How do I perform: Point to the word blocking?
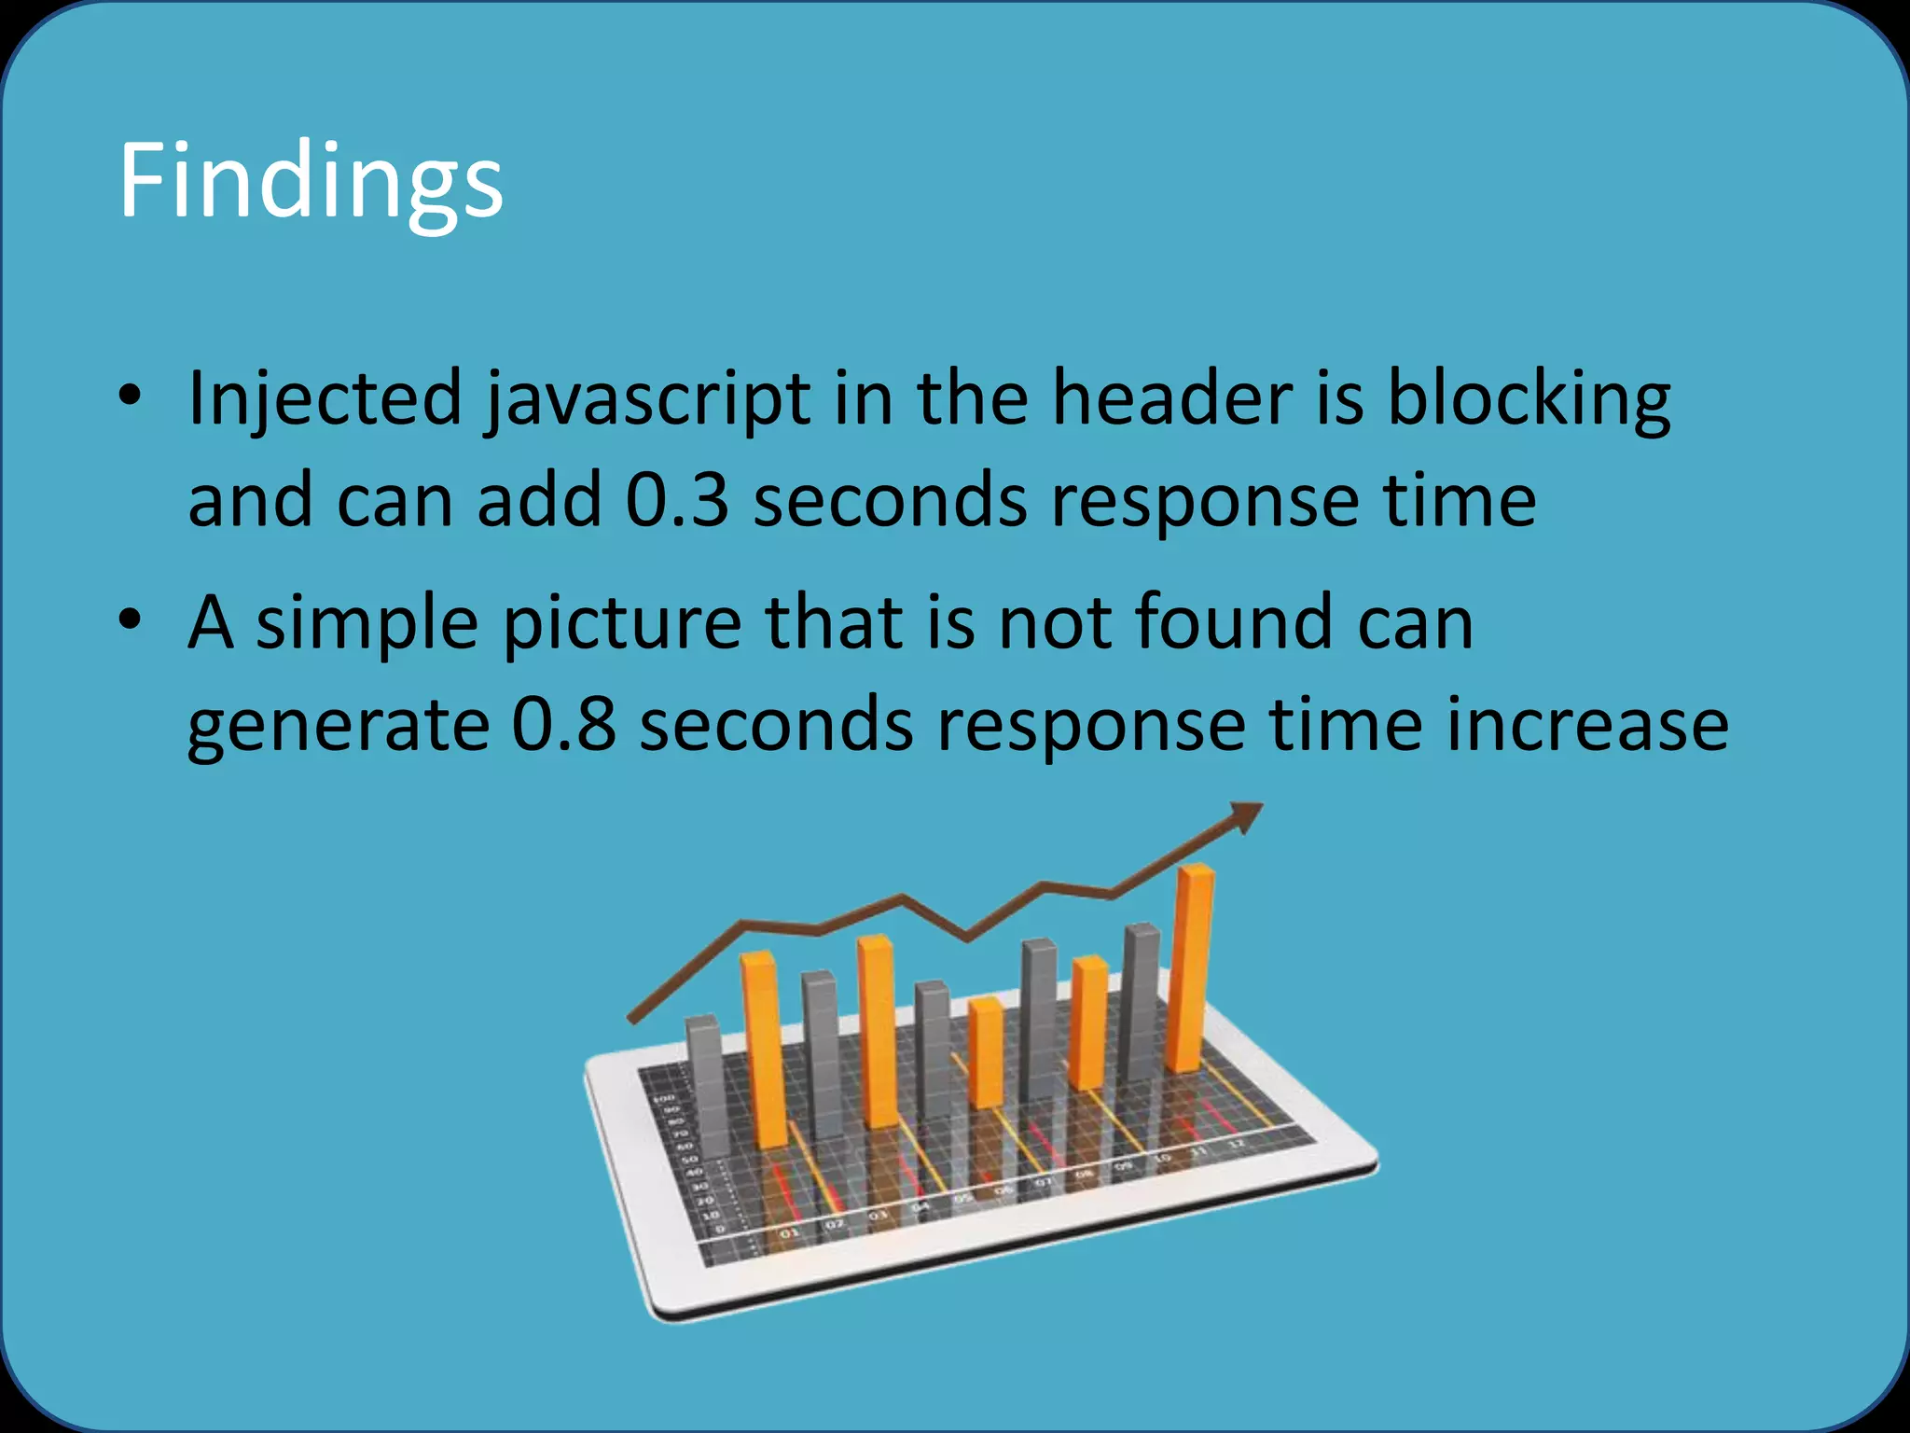pyautogui.click(x=1529, y=399)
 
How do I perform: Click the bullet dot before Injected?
pyautogui.click(x=130, y=396)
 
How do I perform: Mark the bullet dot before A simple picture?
pyautogui.click(x=130, y=619)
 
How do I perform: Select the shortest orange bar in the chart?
pyautogui.click(x=986, y=1051)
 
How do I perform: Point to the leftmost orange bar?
pyautogui.click(x=765, y=1050)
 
